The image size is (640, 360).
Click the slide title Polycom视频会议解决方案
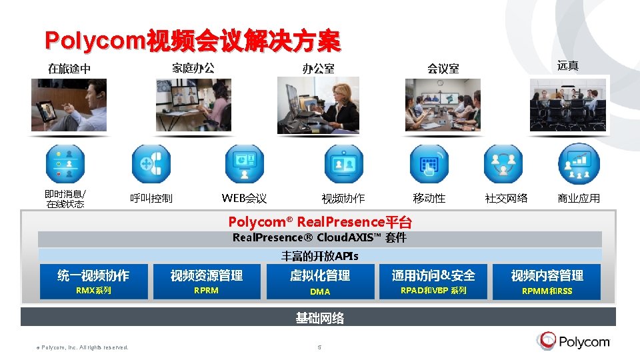click(x=192, y=41)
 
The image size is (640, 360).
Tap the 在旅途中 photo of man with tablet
click(x=69, y=105)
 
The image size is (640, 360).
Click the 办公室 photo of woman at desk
click(x=318, y=105)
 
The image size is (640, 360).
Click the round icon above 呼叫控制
click(x=151, y=164)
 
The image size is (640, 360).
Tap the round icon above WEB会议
click(x=244, y=164)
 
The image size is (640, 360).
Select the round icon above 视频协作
click(x=343, y=164)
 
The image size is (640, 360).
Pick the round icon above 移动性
click(x=429, y=164)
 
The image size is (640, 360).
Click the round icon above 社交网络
click(x=503, y=164)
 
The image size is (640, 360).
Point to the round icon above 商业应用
click(x=579, y=164)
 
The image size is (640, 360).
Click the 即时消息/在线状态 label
click(x=65, y=199)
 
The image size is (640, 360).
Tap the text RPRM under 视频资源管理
click(x=206, y=291)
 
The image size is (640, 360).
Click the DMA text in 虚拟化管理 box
click(x=320, y=291)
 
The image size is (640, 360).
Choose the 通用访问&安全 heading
click(x=433, y=275)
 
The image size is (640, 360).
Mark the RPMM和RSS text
click(x=547, y=291)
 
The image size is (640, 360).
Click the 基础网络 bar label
click(x=320, y=318)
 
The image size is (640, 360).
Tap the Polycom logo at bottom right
click(x=573, y=342)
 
